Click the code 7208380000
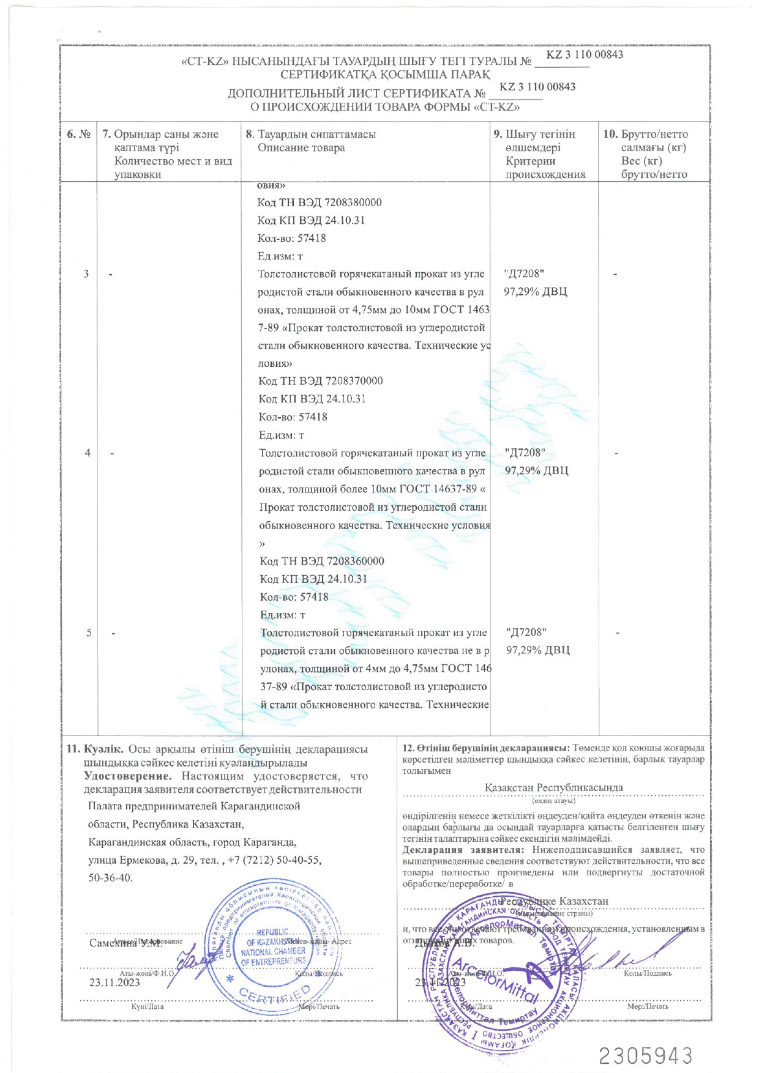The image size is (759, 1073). [x=353, y=202]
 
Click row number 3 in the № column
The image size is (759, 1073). [x=86, y=274]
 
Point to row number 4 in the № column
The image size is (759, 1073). [x=88, y=453]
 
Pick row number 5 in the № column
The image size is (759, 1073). [x=89, y=633]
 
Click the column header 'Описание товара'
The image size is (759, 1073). [x=301, y=148]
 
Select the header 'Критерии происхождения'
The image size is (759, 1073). [x=545, y=168]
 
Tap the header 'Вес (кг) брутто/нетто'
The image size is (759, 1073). [x=654, y=168]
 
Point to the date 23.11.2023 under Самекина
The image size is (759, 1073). [x=114, y=983]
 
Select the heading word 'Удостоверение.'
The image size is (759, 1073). [x=128, y=776]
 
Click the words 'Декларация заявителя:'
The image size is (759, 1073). [x=463, y=850]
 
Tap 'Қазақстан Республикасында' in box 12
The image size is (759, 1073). [x=553, y=787]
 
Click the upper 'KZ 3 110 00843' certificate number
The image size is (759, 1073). [x=585, y=54]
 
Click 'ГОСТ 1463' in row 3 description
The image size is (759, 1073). [x=460, y=310]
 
